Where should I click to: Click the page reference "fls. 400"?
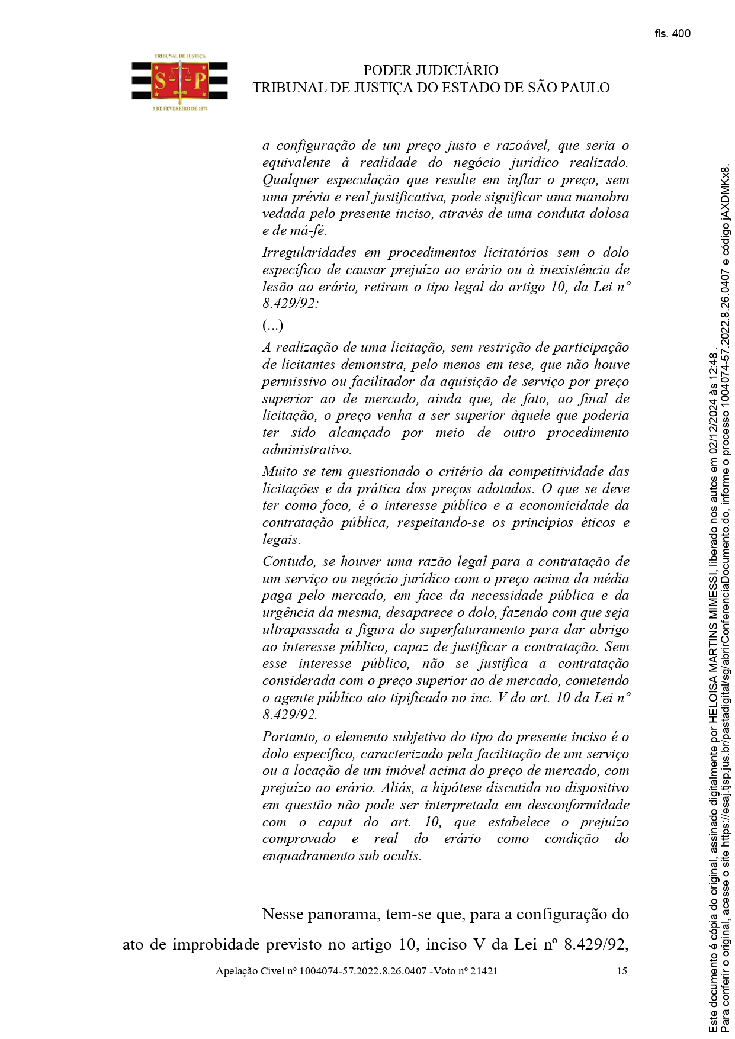click(x=672, y=34)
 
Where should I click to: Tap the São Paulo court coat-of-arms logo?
click(x=179, y=82)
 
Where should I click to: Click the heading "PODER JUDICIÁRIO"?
click(x=431, y=70)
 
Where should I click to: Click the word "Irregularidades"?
click(x=309, y=253)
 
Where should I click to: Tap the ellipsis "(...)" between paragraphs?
click(x=272, y=326)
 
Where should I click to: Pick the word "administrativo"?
click(x=306, y=450)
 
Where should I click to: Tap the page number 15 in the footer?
click(x=621, y=971)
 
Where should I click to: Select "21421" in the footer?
click(x=482, y=971)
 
